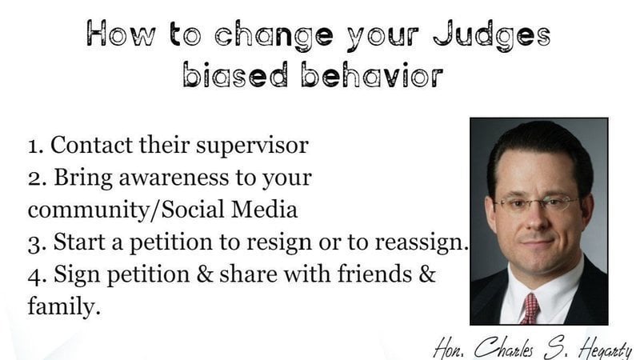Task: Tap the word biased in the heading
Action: [235, 74]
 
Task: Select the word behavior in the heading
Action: [372, 74]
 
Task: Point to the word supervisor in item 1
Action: [252, 146]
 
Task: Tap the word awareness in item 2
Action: [174, 178]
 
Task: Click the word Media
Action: [265, 209]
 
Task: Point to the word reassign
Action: [422, 242]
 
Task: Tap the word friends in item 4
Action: [374, 274]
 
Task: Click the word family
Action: [64, 306]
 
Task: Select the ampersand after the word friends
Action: [427, 274]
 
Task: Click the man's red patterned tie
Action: [530, 308]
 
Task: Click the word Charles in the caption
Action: [504, 348]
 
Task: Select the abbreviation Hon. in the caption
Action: [449, 348]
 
